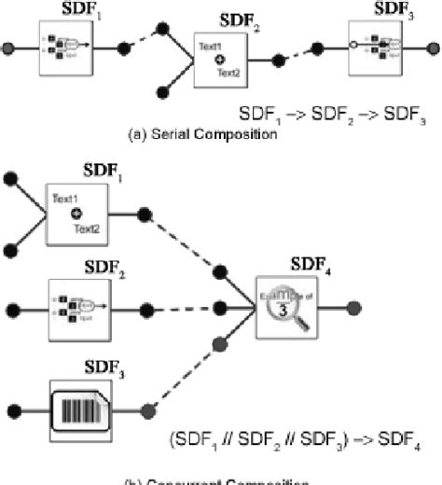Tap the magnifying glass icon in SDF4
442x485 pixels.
pyautogui.click(x=288, y=308)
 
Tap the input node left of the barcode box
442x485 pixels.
pyautogui.click(x=13, y=409)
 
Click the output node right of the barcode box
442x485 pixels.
pyautogui.click(x=146, y=409)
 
